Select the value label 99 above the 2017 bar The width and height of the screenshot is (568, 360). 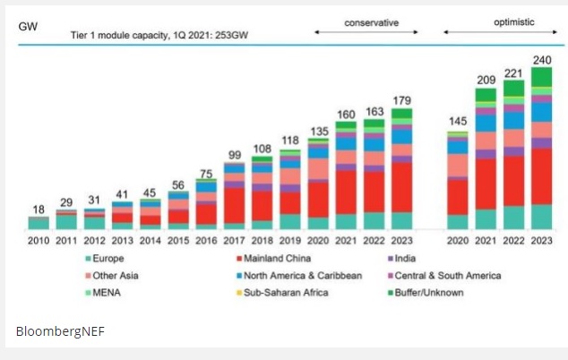[234, 154]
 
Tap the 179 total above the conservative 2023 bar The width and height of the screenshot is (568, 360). [401, 87]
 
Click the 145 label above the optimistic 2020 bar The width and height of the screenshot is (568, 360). [457, 120]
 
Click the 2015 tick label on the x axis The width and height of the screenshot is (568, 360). [178, 241]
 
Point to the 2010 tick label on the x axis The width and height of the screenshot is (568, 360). [38, 241]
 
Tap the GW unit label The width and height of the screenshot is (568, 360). [28, 25]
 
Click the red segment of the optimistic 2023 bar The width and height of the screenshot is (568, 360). [541, 176]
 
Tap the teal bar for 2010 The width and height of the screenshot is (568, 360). [38, 223]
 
